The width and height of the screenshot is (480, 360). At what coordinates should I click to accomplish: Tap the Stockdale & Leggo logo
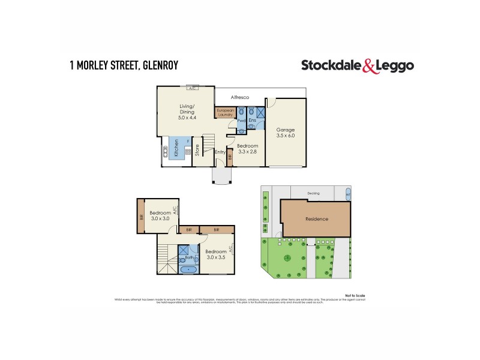[x=357, y=66]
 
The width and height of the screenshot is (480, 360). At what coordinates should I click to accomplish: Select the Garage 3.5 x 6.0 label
[x=286, y=133]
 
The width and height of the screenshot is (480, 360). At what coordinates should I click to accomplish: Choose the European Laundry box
[x=224, y=112]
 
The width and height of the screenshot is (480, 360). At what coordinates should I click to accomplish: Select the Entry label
[x=220, y=152]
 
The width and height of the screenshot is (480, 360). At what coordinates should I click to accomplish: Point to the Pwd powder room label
[x=241, y=121]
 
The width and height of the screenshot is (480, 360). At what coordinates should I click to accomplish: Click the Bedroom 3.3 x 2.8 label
[x=247, y=149]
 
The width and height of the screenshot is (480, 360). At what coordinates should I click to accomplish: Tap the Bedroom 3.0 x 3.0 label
[x=160, y=215]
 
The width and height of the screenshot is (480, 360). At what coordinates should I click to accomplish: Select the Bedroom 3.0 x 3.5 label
[x=216, y=254]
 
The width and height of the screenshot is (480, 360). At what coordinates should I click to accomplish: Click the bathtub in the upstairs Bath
[x=190, y=268]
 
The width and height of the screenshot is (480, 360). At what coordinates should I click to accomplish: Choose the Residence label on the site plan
[x=316, y=219]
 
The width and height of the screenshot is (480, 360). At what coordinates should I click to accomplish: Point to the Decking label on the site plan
[x=313, y=193]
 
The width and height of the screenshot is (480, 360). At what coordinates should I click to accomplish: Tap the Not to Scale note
[x=355, y=295]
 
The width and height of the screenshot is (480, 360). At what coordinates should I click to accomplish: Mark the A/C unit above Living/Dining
[x=193, y=89]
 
